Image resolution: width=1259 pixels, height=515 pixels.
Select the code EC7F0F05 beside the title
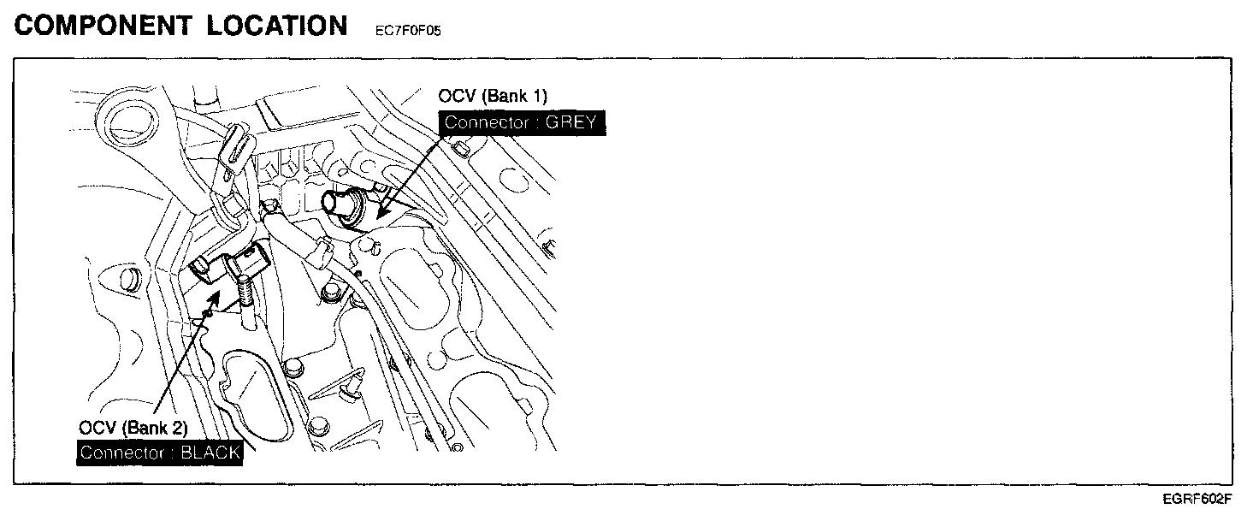[408, 31]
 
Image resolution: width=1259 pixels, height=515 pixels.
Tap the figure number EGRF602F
[1197, 499]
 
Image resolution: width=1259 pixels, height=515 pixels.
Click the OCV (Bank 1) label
[493, 95]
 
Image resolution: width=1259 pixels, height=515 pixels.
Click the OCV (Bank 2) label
[133, 427]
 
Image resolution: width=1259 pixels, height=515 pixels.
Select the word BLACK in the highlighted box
[210, 452]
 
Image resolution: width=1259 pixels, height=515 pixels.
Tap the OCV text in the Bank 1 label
[456, 95]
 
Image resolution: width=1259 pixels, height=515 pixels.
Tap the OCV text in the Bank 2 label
[96, 427]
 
